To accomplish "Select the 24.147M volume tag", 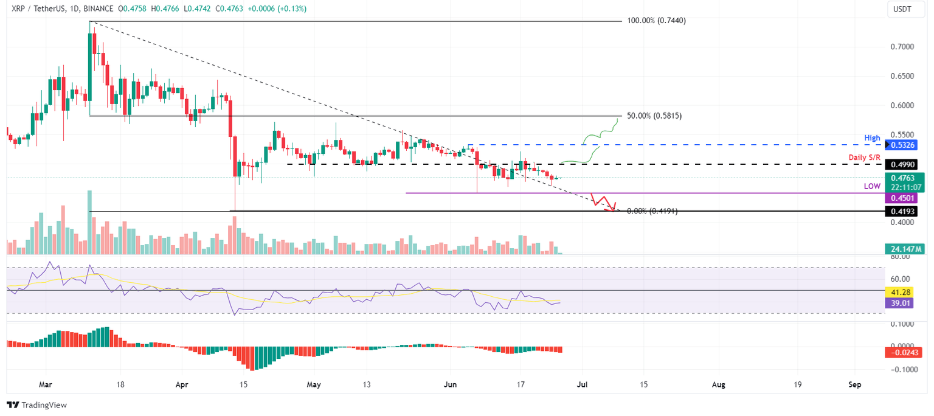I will click(905, 249).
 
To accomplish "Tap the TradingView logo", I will click(36, 405).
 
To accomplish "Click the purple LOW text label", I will click(873, 186).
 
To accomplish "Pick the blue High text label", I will click(873, 139).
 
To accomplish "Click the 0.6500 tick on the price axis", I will click(901, 76).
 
